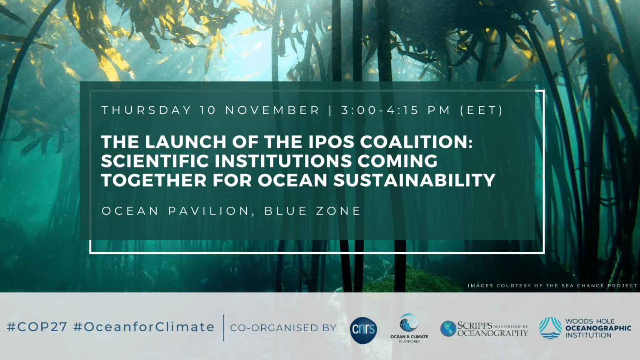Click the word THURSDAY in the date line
(x=146, y=110)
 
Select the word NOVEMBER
(x=272, y=110)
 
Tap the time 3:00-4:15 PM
(x=396, y=110)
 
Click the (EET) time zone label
(x=481, y=110)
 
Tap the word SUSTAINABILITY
(x=414, y=180)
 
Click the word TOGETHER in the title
(x=154, y=180)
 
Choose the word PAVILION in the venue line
(x=209, y=211)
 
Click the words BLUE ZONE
(x=312, y=211)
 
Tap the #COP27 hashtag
(x=37, y=327)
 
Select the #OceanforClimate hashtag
(x=144, y=327)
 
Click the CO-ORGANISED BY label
(x=283, y=328)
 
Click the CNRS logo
(x=363, y=330)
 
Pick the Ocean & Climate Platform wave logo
(x=409, y=323)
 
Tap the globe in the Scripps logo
(x=448, y=329)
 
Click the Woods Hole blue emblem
(x=550, y=328)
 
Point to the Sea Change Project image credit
(x=552, y=285)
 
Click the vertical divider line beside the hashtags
(x=224, y=328)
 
